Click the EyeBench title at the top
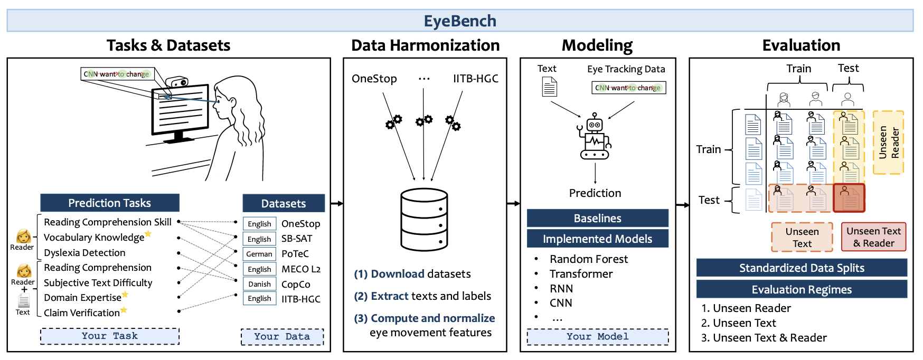460,21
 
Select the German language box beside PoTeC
259,254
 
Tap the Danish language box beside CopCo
259,284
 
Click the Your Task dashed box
110,336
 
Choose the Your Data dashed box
282,337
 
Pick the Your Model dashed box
597,337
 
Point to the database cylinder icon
424,220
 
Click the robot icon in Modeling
595,136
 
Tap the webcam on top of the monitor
176,82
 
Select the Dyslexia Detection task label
84,253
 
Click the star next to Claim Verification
124,310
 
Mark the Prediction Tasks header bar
110,203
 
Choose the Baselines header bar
597,219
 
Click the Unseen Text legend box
802,238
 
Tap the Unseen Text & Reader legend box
873,237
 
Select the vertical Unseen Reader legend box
888,143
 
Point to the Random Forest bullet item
588,259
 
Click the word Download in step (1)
398,274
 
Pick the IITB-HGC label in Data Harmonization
475,79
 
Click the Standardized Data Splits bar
801,268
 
